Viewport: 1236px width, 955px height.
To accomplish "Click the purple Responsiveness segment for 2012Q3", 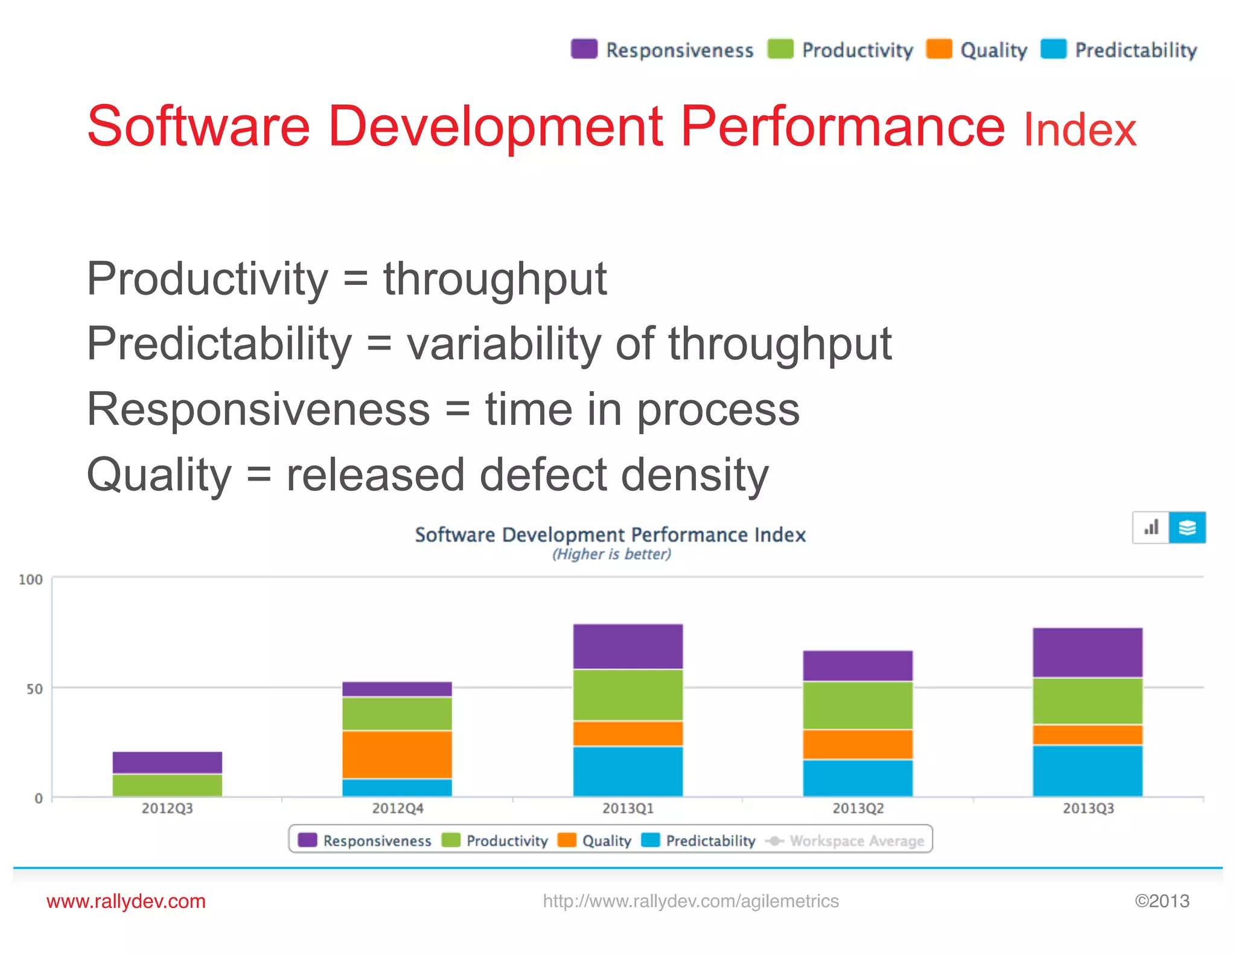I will point(167,762).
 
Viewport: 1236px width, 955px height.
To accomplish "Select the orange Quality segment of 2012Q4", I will point(397,755).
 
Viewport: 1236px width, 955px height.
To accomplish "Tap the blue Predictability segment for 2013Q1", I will point(628,771).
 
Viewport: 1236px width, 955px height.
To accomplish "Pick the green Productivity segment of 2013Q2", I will point(858,705).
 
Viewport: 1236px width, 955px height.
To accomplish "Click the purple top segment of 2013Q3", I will point(1088,653).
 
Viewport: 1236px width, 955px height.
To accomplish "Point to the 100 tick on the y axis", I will point(31,580).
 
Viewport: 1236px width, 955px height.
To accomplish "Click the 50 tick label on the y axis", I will point(34,689).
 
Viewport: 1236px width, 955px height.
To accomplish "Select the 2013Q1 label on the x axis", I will point(628,808).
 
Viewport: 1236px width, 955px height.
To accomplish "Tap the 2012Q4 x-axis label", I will point(397,808).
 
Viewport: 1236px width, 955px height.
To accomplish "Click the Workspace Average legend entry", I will point(856,841).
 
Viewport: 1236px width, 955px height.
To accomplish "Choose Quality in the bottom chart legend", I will point(606,841).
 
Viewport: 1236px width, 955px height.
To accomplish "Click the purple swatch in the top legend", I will point(584,49).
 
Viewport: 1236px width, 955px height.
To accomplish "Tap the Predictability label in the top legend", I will point(1136,50).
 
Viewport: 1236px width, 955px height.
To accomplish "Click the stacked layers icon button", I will point(1187,528).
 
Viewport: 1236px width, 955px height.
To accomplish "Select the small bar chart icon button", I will point(1151,528).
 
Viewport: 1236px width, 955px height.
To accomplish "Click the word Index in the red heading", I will point(1080,130).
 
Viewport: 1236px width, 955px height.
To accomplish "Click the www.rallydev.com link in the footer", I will point(126,901).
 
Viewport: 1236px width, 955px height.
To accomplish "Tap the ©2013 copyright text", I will point(1162,901).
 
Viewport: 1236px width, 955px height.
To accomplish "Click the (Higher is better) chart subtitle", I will point(611,554).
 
